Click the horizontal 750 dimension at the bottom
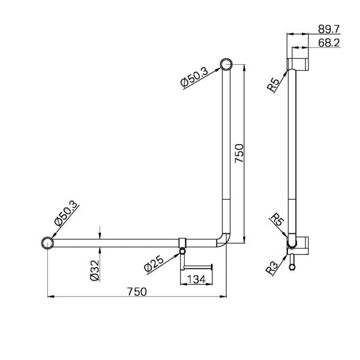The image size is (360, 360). coord(137,291)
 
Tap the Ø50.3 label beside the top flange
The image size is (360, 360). coord(196,77)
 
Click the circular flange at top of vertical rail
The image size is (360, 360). coord(226,64)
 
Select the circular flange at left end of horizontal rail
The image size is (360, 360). coord(47,243)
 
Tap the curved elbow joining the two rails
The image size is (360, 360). coord(223,239)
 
